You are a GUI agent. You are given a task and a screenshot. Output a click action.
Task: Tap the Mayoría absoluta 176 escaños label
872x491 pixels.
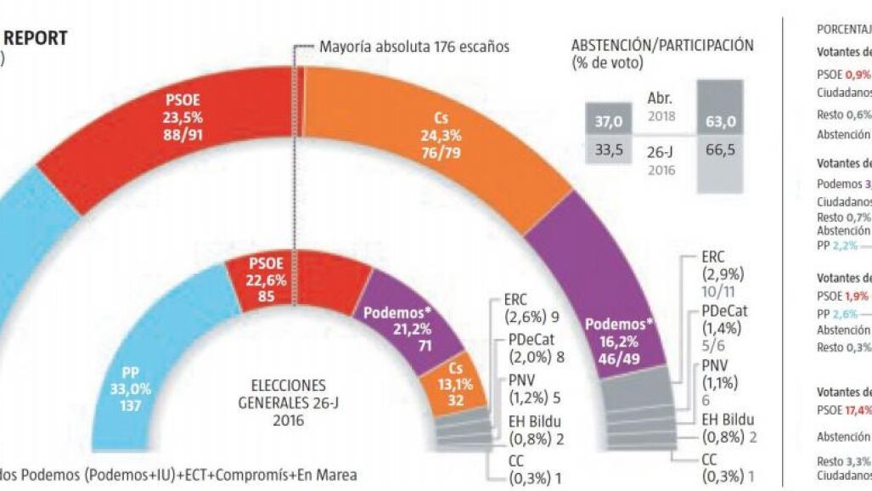pyautogui.click(x=414, y=46)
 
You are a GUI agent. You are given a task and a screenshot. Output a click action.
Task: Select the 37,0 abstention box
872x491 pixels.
pyautogui.click(x=608, y=121)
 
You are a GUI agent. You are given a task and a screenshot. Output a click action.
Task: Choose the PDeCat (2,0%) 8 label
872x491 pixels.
pyautogui.click(x=536, y=348)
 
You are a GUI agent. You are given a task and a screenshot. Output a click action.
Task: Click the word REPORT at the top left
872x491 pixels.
pyautogui.click(x=38, y=38)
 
